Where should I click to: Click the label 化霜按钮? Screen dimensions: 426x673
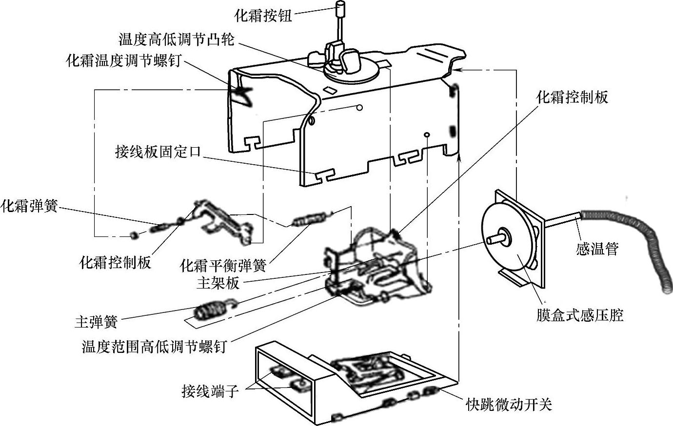click(x=263, y=16)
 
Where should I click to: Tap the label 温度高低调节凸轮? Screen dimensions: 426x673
click(x=176, y=39)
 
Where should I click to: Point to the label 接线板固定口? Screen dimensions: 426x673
click(x=158, y=152)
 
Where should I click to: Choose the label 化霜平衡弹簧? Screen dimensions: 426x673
click(x=223, y=266)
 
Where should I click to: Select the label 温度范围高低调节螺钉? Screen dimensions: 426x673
click(x=154, y=347)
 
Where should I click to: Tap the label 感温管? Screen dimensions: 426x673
click(x=597, y=249)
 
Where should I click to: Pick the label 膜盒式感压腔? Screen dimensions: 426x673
click(x=580, y=315)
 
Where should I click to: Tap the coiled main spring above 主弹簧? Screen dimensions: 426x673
click(x=211, y=310)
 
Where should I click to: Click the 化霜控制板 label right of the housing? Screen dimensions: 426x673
click(x=572, y=97)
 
